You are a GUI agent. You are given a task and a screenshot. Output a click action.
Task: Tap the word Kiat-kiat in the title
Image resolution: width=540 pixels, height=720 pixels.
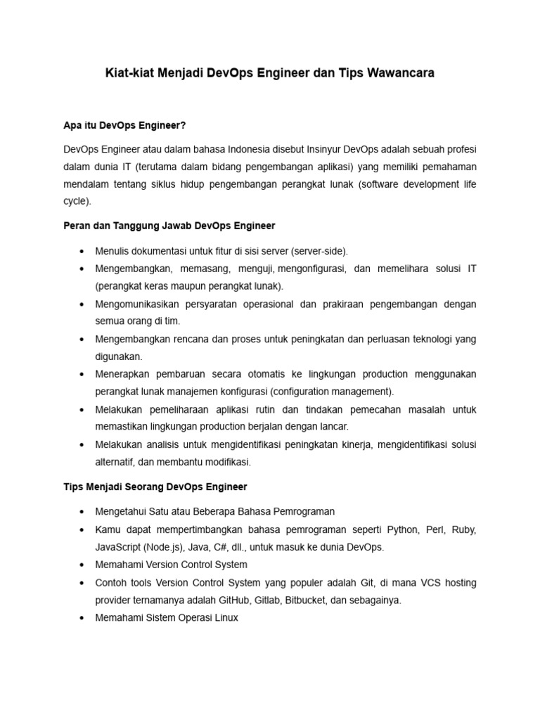[130, 72]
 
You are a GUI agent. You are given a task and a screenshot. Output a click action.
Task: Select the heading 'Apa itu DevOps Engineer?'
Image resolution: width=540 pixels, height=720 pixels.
[124, 125]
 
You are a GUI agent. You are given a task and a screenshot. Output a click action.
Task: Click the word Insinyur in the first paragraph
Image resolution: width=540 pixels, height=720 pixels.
[325, 150]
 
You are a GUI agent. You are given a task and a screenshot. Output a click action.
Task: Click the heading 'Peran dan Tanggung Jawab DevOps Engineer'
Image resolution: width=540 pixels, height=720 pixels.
[169, 226]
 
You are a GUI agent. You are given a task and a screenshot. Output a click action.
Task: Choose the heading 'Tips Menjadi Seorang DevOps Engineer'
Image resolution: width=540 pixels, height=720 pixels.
[155, 487]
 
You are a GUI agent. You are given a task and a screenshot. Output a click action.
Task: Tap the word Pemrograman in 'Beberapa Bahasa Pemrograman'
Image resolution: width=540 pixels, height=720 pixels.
[302, 511]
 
